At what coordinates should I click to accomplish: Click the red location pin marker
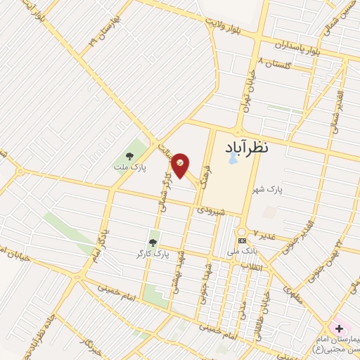tap(180, 165)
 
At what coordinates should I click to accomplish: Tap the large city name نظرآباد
tap(257, 148)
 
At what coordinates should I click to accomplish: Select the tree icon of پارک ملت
tap(129, 155)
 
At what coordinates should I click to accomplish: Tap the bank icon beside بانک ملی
tap(243, 241)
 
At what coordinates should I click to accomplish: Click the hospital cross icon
tap(339, 328)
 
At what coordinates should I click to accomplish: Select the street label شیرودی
tap(211, 209)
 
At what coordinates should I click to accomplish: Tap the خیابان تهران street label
tap(250, 89)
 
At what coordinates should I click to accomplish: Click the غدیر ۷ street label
tap(266, 233)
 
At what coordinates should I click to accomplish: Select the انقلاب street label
tap(251, 266)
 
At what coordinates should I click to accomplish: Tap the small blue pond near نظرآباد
tap(233, 160)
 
